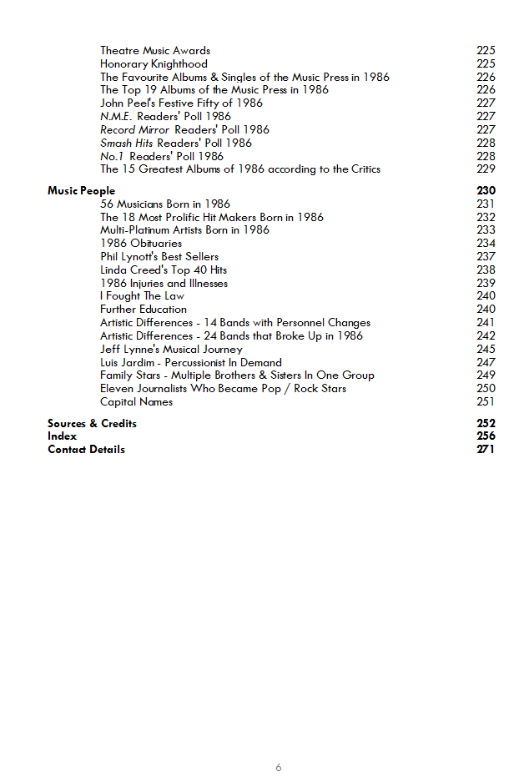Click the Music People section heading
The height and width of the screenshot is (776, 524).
(81, 191)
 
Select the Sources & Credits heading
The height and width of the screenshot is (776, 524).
(92, 423)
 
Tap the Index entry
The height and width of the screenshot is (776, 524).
(62, 436)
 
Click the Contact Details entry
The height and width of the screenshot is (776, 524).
(86, 449)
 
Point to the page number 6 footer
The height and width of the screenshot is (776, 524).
(279, 768)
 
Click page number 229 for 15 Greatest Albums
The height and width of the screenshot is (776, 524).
(486, 169)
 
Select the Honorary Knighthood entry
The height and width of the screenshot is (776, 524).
(154, 64)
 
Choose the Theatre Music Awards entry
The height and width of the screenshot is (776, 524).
(155, 51)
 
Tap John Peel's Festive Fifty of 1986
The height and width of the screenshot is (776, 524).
(181, 103)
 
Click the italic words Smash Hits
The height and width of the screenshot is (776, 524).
(127, 143)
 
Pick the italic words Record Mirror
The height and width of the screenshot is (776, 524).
(135, 129)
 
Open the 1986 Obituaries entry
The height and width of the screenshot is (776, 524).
(141, 244)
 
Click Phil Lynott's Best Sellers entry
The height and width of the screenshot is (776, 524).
(159, 257)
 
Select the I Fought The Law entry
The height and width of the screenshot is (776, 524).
(142, 296)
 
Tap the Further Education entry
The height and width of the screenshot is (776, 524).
(144, 310)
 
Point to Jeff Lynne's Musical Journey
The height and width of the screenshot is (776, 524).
(171, 350)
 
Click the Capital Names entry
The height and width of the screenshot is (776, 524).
(136, 402)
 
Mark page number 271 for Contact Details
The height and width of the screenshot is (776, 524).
(486, 449)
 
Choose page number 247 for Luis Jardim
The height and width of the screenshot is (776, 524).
(486, 363)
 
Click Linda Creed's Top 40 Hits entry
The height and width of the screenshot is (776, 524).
(164, 270)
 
